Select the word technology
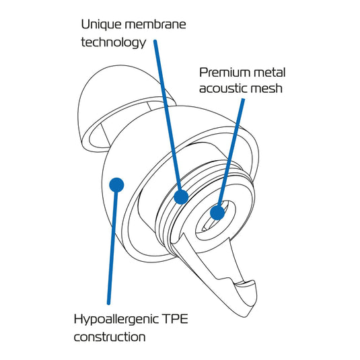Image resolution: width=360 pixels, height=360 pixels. point(114,42)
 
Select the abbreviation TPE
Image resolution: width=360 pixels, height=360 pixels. point(175,319)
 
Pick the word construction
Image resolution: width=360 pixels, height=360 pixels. point(110,337)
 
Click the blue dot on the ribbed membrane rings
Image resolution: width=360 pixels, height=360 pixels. point(181,197)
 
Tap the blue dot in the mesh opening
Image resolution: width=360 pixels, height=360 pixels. point(217,213)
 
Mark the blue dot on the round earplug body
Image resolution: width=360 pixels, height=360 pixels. point(116,185)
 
